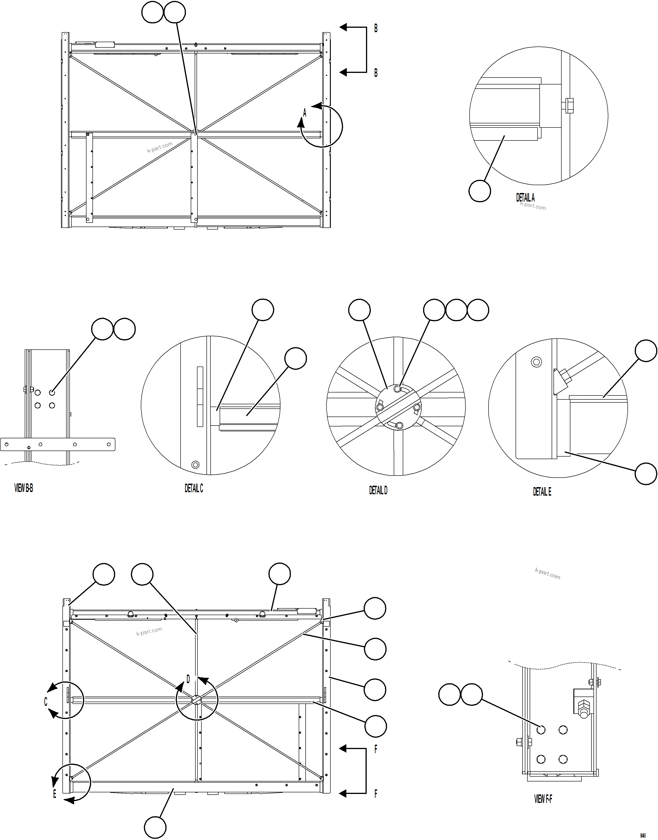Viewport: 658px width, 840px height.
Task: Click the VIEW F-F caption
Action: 543,799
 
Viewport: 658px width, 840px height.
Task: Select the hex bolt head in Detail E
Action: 536,362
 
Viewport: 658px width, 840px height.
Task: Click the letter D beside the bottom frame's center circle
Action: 188,679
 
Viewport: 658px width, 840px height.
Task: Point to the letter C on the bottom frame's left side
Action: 46,702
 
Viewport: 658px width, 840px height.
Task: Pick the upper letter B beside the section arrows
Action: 376,28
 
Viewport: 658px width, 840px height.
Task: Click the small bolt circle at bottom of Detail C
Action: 195,464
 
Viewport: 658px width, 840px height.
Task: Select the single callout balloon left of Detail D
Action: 360,310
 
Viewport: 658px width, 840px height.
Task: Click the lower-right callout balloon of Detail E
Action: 646,473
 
